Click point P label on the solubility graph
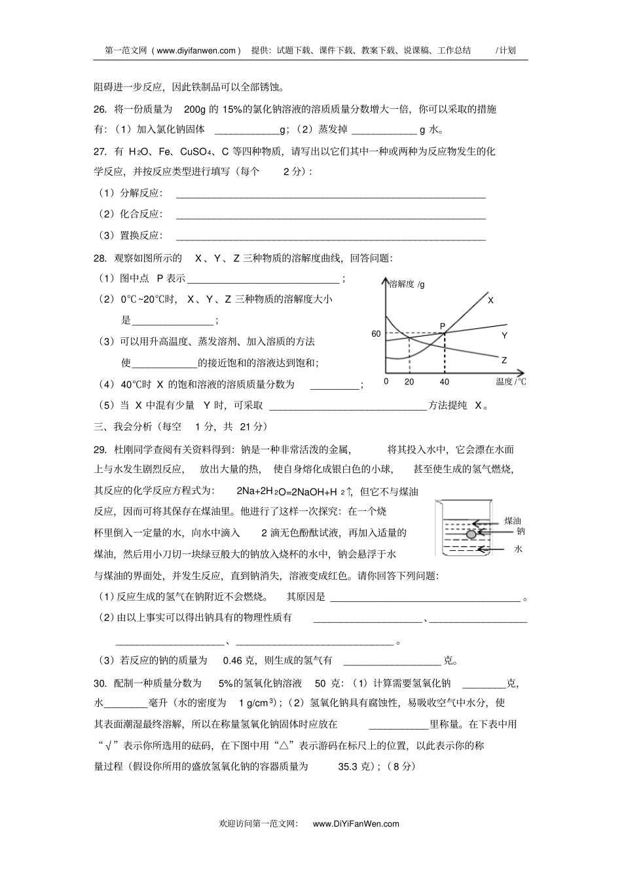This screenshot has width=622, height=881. coord(442,326)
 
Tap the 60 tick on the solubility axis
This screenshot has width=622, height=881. coord(376,334)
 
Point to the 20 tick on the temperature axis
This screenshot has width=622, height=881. coord(409,382)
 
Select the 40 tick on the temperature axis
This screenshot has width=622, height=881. coord(445,382)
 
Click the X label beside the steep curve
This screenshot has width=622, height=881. coord(490,300)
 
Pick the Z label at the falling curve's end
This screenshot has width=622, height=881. coord(504,360)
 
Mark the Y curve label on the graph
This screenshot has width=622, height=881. coord(504,335)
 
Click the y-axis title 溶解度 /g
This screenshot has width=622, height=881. coord(407,284)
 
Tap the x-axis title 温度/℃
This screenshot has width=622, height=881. coord(511,382)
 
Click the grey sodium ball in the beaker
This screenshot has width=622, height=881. coord(471,534)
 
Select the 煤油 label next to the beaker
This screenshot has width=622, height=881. coord(512,521)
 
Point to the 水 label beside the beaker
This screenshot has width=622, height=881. coord(518,549)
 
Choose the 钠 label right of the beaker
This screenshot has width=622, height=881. coord(521,531)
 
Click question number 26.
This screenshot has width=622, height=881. coord(100,109)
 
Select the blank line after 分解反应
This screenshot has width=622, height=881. coord(331,196)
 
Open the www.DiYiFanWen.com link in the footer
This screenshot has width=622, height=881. coord(356,824)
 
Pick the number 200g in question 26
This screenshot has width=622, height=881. coord(194,109)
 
